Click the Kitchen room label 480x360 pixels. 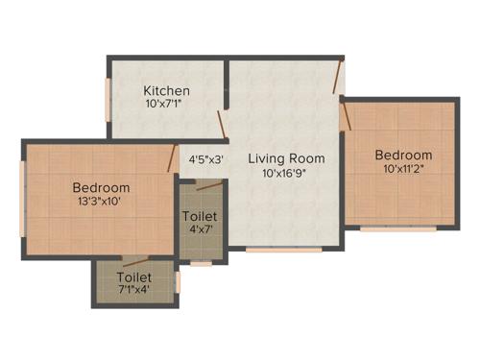[167, 90]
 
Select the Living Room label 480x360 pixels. [286, 158]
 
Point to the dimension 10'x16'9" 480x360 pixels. [286, 174]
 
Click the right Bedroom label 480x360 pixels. [403, 156]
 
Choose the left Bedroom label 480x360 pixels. [101, 187]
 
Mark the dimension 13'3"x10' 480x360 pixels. [101, 202]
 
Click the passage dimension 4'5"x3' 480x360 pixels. [205, 159]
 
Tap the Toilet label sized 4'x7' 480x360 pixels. [200, 217]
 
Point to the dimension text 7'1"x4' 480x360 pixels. [134, 289]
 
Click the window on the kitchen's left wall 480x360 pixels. [108, 96]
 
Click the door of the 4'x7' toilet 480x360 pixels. [209, 184]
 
